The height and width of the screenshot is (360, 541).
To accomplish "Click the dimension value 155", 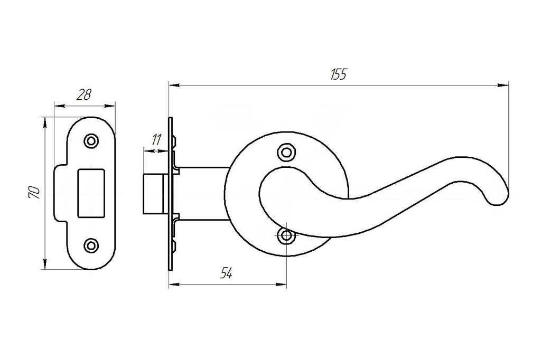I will [x=338, y=74].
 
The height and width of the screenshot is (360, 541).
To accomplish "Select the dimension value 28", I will [x=84, y=95].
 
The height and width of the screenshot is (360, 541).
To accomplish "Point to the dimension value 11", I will [x=156, y=140].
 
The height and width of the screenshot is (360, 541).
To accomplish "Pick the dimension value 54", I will [x=226, y=273].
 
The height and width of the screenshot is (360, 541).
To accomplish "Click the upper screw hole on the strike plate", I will [x=91, y=141].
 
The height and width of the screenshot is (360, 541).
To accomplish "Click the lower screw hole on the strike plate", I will [x=91, y=244].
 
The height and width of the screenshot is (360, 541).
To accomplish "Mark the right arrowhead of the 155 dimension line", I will [x=504, y=84].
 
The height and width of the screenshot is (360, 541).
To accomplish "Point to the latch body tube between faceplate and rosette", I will [x=203, y=193].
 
